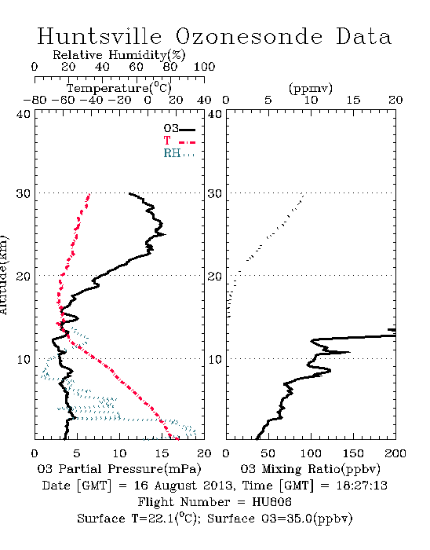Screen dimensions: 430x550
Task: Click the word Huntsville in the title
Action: click(x=100, y=36)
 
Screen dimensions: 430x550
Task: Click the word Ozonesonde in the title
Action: click(x=249, y=36)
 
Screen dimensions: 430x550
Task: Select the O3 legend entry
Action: click(x=179, y=128)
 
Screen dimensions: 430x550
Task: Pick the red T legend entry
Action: click(x=179, y=141)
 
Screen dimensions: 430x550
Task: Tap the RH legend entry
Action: click(x=179, y=153)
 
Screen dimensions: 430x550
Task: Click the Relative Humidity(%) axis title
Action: click(x=119, y=55)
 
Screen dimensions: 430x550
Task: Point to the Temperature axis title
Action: click(x=119, y=88)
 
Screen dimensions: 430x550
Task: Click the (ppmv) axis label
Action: click(x=311, y=88)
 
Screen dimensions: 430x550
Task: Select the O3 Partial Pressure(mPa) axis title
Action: click(x=119, y=469)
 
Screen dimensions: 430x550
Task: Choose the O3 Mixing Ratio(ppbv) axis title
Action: click(x=310, y=469)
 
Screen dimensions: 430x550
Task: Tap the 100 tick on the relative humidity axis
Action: click(x=204, y=67)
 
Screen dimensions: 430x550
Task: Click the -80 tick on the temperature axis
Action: click(x=35, y=101)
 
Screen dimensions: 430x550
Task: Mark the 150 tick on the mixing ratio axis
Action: click(x=353, y=453)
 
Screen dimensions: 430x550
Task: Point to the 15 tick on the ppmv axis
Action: click(x=353, y=101)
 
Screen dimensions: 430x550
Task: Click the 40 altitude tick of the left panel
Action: click(x=24, y=115)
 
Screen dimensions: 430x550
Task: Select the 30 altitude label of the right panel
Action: click(x=215, y=193)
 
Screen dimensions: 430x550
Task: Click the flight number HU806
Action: click(x=271, y=502)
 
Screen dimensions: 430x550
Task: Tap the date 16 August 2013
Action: click(x=183, y=486)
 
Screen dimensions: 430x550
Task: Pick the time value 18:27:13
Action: click(x=362, y=486)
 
